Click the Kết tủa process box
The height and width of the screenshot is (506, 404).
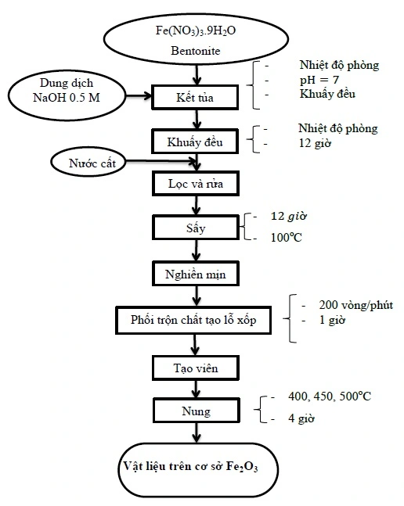[x=196, y=97]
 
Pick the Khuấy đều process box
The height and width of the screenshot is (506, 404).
[x=196, y=142]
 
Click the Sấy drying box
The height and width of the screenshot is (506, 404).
[x=196, y=229]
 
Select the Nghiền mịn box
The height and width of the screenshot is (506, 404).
[x=196, y=275]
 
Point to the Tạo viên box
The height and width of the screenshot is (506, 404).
[x=196, y=367]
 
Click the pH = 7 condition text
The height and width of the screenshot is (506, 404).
[x=318, y=80]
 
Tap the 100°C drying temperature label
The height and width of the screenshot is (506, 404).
[x=286, y=237]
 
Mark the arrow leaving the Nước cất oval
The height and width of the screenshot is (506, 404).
[x=157, y=163]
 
